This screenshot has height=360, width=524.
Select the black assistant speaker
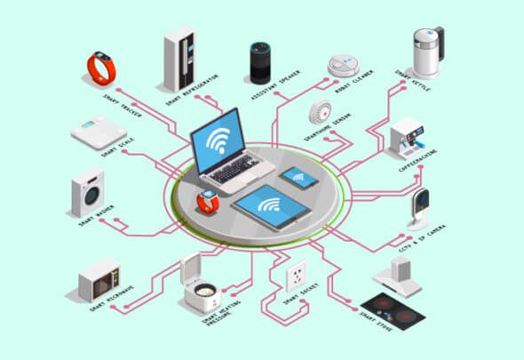[x=259, y=62]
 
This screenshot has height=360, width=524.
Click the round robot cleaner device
[x=343, y=66]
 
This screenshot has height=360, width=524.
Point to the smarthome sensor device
[x=320, y=115]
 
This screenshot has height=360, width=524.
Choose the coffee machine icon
[x=409, y=139]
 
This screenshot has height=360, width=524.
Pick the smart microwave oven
[x=99, y=280]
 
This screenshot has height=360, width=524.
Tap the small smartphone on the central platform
[x=299, y=178]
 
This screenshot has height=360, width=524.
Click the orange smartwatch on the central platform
[x=208, y=200]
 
